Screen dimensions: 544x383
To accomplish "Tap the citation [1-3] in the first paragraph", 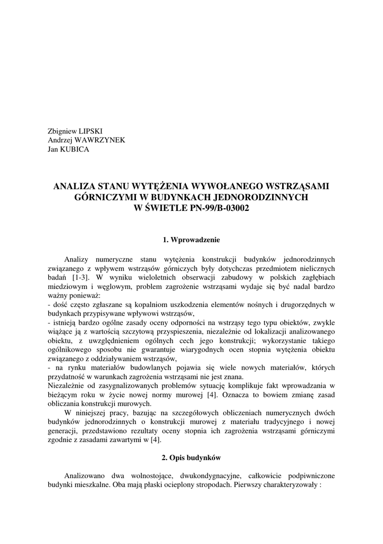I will tap(80, 277).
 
